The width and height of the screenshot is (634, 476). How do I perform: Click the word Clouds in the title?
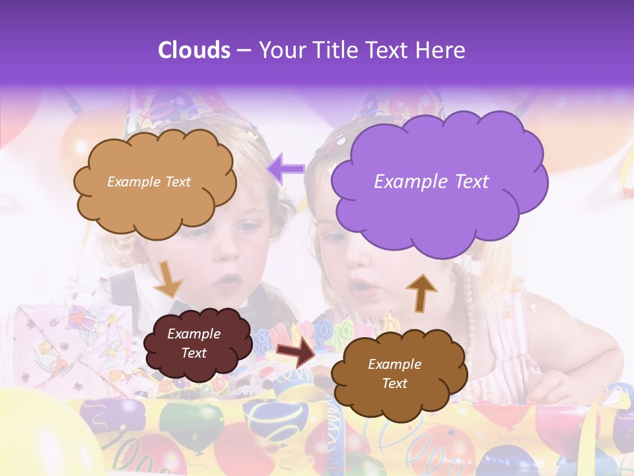tap(194, 50)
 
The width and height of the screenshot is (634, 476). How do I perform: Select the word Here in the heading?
tap(440, 50)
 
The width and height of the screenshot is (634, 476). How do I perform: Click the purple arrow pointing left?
tap(285, 169)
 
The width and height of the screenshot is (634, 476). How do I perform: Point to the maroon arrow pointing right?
tap(296, 352)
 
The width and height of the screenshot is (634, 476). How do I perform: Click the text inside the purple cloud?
tap(431, 181)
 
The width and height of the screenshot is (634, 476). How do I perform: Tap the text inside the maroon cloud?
tap(194, 343)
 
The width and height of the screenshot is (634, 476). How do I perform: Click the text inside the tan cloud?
tap(149, 181)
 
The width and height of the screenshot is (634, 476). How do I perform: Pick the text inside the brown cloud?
tap(394, 374)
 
